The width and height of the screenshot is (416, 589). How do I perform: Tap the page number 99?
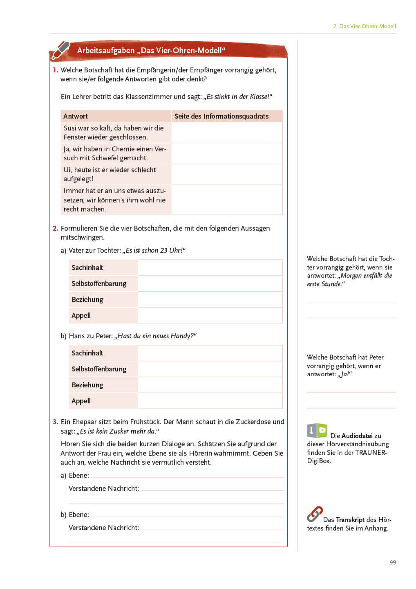point(393,562)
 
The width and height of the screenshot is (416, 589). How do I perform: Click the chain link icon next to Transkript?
point(314,515)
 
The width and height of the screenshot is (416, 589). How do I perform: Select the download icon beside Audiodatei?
point(312,430)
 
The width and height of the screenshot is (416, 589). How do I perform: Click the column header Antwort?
point(76,116)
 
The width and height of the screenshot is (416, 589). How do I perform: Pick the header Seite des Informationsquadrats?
point(221,116)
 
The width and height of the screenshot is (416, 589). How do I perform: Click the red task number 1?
point(55,70)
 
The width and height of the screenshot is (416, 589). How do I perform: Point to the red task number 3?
point(55,422)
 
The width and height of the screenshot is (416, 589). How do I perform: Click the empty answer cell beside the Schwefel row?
point(227,153)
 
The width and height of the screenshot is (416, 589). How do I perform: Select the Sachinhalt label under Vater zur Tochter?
point(87,268)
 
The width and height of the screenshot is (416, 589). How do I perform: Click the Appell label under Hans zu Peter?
point(81,401)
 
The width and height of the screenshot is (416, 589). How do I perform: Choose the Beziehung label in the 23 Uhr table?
point(87,299)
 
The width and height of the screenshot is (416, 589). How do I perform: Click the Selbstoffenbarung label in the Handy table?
point(98,369)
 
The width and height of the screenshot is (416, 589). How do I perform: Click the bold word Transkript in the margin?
point(350,519)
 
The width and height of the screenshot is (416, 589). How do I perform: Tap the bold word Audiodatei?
point(357,436)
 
